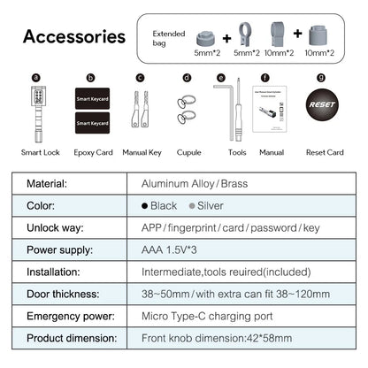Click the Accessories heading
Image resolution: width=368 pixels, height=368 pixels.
tap(73, 37)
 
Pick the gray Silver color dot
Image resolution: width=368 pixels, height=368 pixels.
tap(193, 206)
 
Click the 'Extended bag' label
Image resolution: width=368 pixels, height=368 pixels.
tap(170, 36)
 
